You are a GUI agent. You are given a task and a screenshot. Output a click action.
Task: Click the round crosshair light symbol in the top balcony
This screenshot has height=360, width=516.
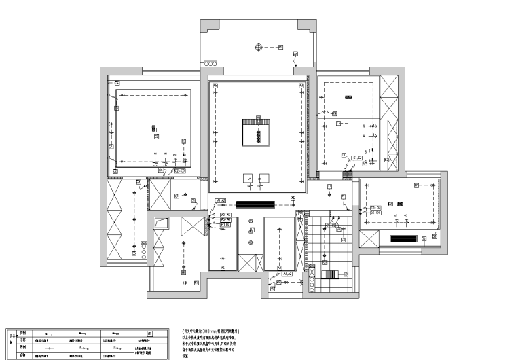[259, 46]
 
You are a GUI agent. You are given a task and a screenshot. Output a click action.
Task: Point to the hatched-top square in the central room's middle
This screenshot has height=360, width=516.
[258, 130]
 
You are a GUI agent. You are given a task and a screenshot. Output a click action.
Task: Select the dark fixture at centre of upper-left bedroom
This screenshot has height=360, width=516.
[153, 128]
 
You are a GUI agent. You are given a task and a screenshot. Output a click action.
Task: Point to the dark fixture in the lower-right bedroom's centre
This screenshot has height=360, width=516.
[400, 203]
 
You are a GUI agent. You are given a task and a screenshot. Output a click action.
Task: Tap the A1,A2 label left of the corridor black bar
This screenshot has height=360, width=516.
[221, 201]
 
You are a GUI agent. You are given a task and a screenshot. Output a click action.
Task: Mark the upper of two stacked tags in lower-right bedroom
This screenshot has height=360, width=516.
[375, 206]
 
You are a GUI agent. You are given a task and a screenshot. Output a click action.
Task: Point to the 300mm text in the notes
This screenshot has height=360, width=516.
[210, 329]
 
